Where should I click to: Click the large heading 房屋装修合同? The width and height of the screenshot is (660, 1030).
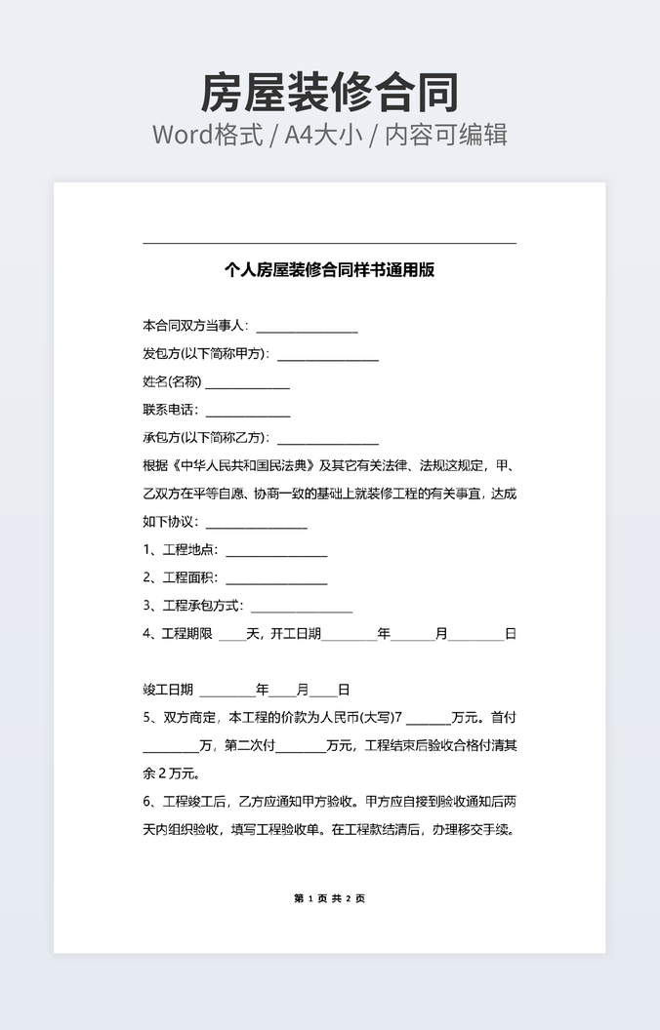(329, 94)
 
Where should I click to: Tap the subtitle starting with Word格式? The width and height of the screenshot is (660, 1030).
(329, 135)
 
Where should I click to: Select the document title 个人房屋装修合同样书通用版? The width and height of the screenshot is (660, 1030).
(329, 270)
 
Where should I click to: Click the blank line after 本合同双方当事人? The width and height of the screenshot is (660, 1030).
(307, 327)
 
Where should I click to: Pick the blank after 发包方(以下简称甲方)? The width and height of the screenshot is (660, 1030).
(327, 354)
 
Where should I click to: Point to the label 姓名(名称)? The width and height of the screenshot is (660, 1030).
(172, 381)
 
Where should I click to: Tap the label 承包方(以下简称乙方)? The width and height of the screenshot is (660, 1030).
(205, 438)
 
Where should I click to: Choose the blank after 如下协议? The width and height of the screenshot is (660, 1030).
(256, 522)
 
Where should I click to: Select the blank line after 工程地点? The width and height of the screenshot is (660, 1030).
(276, 550)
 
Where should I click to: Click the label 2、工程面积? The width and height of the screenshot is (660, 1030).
(180, 578)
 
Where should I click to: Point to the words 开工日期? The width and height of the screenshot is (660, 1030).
(296, 634)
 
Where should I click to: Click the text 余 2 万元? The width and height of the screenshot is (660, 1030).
(171, 774)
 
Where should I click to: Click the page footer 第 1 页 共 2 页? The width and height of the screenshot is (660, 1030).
(329, 898)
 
